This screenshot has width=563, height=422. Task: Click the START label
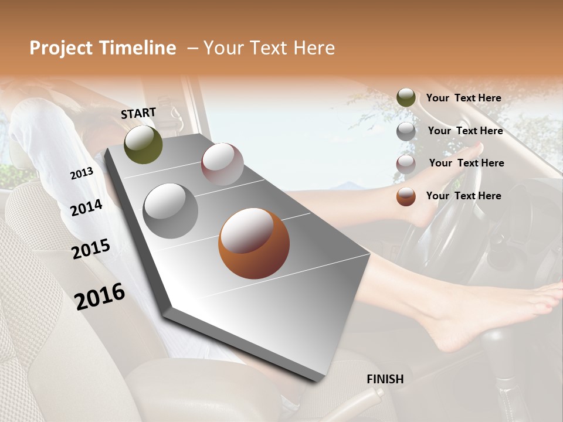click(138, 113)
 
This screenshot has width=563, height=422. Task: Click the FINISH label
click(385, 379)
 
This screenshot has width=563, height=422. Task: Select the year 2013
click(82, 173)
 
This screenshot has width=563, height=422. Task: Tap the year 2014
click(87, 208)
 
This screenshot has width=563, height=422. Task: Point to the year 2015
click(91, 249)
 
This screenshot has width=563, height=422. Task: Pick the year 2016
click(100, 296)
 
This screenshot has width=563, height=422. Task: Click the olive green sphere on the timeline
click(143, 144)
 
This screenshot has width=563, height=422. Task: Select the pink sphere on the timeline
click(222, 164)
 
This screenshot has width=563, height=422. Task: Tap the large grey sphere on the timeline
click(171, 210)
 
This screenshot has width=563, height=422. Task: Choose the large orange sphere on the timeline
click(254, 243)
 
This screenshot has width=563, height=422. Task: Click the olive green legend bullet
click(406, 98)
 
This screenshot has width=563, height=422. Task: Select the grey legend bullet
click(406, 131)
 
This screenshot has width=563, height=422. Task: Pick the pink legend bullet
click(406, 164)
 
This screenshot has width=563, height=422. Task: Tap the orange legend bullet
click(406, 196)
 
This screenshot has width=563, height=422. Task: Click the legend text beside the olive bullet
click(463, 98)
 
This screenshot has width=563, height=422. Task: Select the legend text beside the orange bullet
click(463, 196)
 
